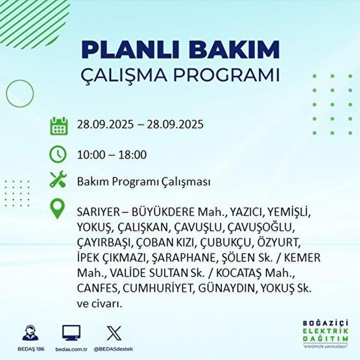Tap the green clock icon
point(58,154)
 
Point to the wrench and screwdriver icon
point(58,182)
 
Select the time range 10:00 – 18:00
point(111,154)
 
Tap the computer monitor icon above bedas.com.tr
point(71,333)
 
